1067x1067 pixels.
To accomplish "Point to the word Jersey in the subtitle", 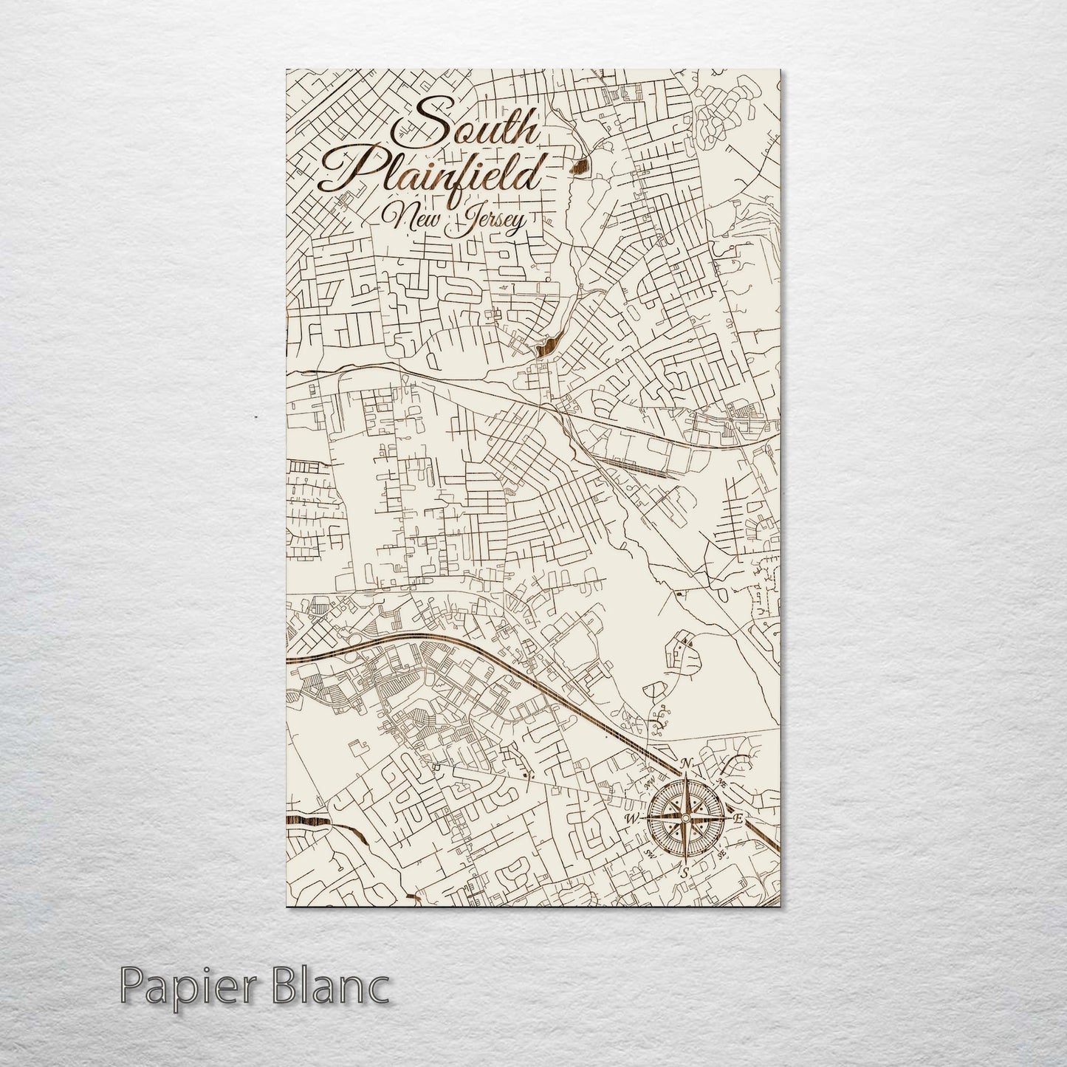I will click(487, 220).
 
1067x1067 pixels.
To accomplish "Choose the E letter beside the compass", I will click(738, 817).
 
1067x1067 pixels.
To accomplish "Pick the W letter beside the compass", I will click(632, 818).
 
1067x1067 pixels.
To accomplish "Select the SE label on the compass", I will click(721, 854).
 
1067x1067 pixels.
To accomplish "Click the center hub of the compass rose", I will click(685, 818).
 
